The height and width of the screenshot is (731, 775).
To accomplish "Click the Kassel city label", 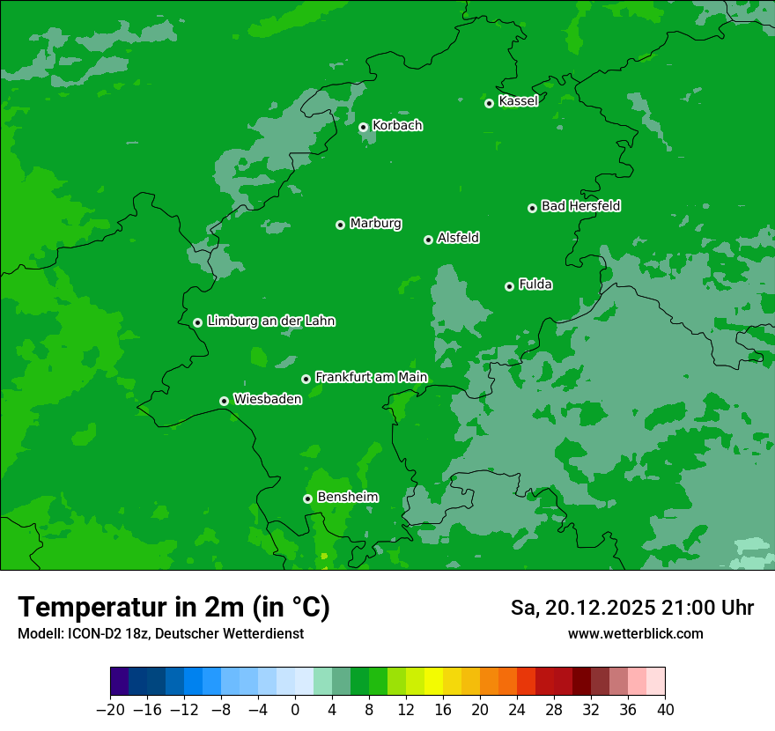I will click(x=518, y=101).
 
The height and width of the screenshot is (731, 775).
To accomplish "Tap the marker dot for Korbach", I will click(x=363, y=127).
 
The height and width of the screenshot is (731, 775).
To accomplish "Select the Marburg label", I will click(x=375, y=224).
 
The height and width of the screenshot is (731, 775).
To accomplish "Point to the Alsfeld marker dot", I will click(x=428, y=240).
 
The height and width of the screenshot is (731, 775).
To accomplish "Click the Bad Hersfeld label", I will click(x=580, y=206).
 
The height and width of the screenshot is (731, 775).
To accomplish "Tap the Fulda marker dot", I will click(x=509, y=286).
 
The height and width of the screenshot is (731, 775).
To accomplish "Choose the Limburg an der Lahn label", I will click(x=270, y=321).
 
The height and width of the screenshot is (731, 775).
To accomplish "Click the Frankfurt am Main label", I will click(x=371, y=377).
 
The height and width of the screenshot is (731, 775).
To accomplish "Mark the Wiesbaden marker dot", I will click(x=224, y=401).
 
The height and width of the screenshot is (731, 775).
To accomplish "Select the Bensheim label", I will click(x=347, y=497).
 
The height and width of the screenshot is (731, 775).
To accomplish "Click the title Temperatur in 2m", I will click(x=173, y=608).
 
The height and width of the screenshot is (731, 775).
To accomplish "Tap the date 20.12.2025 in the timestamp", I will click(x=600, y=608).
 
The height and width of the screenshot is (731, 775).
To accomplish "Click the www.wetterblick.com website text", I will click(x=635, y=634).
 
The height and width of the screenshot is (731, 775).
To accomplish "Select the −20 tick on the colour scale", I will click(x=110, y=710).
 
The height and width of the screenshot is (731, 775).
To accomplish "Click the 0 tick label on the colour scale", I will click(x=295, y=710).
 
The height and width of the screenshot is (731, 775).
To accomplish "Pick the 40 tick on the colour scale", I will click(x=665, y=710).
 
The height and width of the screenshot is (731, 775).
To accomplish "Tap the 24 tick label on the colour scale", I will click(x=517, y=710).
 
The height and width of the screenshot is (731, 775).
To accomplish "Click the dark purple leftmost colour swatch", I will click(x=119, y=681).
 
